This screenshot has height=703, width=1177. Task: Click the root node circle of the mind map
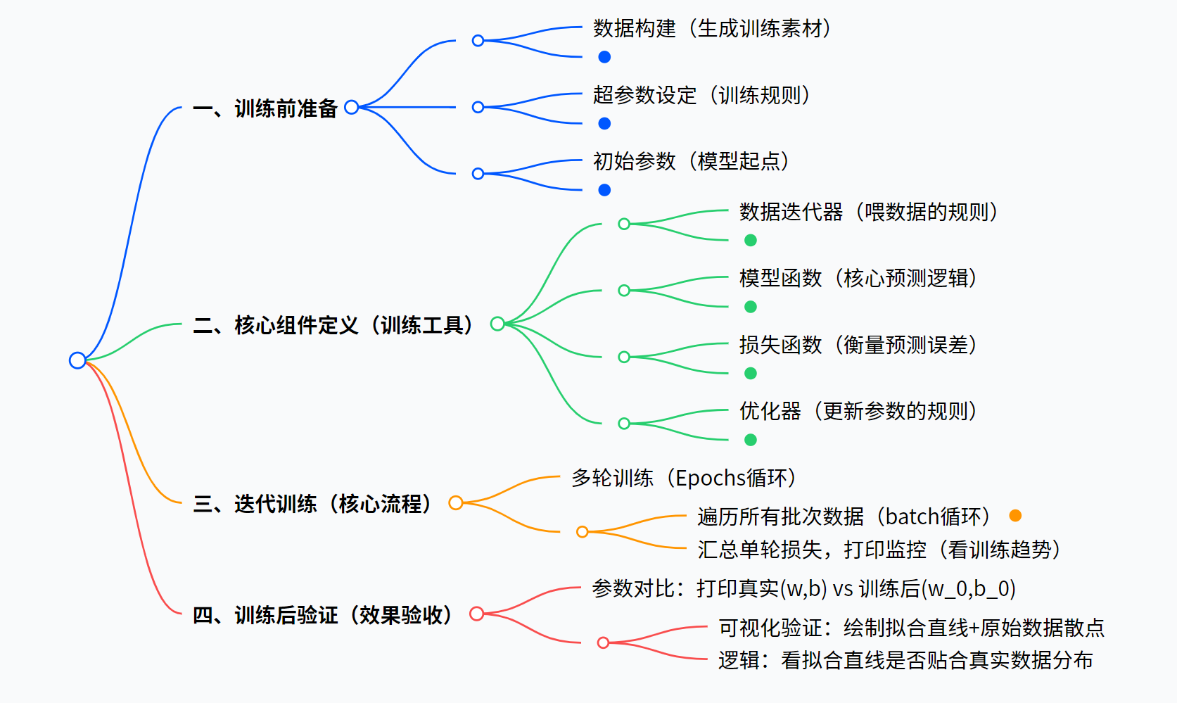[77, 360]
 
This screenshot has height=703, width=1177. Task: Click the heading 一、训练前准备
[265, 108]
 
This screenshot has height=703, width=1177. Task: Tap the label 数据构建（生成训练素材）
[711, 29]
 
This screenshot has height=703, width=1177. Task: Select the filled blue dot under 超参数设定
[604, 124]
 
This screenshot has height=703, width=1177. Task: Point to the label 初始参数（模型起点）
[691, 162]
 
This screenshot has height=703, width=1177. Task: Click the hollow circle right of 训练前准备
[352, 107]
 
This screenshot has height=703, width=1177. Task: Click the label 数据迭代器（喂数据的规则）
[868, 212]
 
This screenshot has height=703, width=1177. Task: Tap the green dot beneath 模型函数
[751, 307]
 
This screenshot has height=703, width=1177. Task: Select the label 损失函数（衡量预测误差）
[858, 345]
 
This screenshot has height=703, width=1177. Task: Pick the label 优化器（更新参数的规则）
[858, 411]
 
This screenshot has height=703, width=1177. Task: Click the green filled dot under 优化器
[751, 440]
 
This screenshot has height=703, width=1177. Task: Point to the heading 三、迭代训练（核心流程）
[312, 504]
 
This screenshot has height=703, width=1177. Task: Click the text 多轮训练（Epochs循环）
[683, 479]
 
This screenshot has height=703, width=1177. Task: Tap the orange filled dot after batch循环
[1015, 516]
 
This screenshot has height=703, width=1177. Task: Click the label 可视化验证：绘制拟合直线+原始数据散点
[911, 627]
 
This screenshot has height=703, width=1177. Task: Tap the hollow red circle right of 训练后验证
[476, 614]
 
